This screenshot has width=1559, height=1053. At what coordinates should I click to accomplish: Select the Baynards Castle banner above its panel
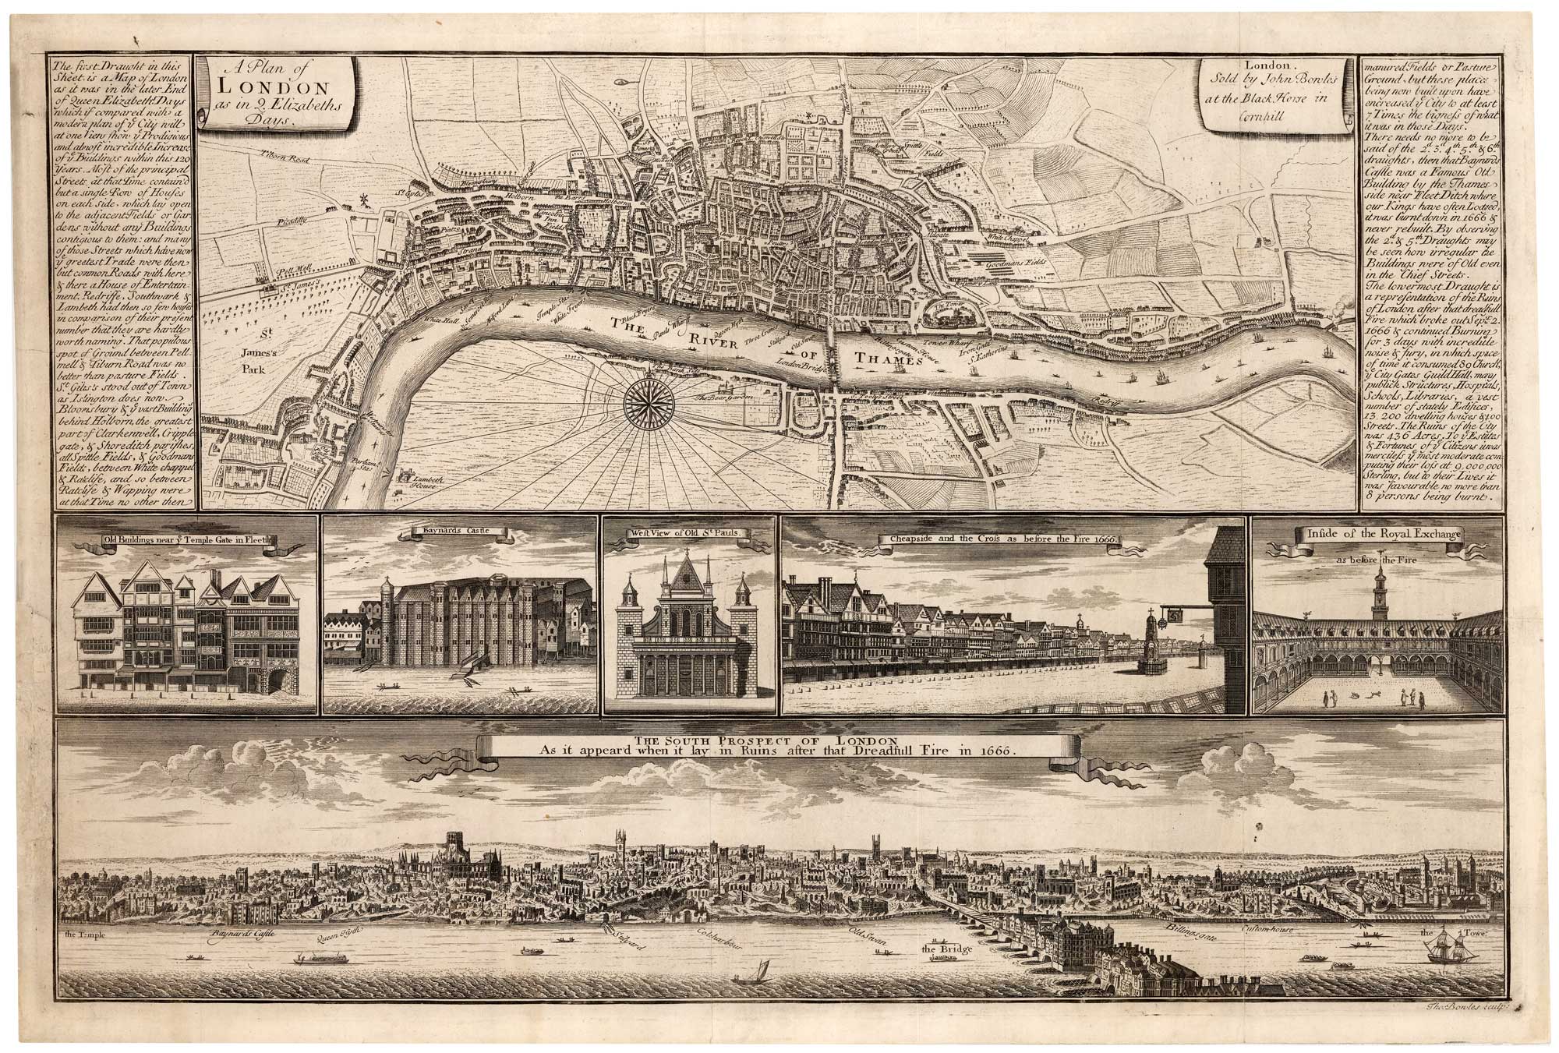pyautogui.click(x=458, y=533)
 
